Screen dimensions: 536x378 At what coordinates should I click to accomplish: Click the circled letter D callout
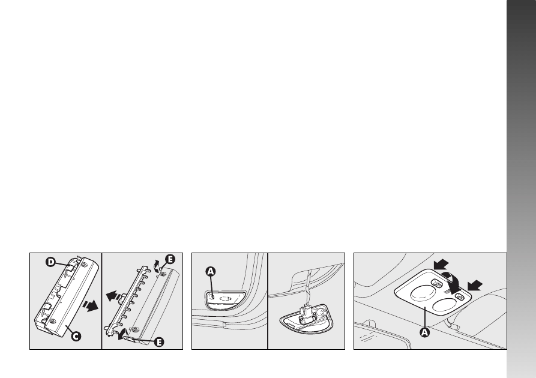tap(50, 262)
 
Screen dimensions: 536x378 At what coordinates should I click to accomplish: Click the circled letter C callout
tap(76, 336)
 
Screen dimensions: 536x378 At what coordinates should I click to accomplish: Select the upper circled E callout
tap(170, 259)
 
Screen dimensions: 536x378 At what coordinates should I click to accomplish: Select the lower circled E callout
tap(159, 342)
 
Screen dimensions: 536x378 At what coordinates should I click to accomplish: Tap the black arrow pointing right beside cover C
tap(90, 305)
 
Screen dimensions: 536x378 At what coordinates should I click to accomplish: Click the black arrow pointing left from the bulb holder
tap(113, 296)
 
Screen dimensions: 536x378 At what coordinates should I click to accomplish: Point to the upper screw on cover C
tap(84, 264)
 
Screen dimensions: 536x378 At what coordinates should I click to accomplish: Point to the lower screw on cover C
tap(53, 321)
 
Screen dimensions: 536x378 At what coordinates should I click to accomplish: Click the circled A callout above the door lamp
tap(211, 271)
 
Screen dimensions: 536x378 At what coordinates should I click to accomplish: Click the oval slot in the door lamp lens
tap(225, 298)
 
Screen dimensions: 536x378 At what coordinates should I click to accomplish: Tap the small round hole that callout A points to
tap(212, 296)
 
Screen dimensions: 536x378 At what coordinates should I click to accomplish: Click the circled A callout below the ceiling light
tap(424, 332)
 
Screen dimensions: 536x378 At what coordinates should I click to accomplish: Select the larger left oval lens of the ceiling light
tap(423, 293)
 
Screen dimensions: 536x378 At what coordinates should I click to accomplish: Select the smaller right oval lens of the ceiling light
tap(444, 304)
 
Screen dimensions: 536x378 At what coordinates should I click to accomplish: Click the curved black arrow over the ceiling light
tap(452, 283)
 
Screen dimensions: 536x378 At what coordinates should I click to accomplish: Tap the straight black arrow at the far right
tap(475, 285)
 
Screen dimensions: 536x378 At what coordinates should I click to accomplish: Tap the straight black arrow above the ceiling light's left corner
tap(441, 264)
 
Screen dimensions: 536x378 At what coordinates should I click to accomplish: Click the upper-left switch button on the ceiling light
tap(436, 283)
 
